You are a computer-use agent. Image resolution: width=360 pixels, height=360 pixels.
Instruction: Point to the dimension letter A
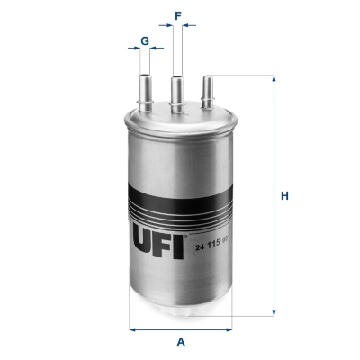click(x=180, y=342)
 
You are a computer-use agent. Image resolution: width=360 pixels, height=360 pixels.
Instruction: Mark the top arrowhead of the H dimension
click(x=272, y=79)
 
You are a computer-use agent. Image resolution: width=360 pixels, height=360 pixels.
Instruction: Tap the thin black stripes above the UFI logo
click(x=180, y=212)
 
